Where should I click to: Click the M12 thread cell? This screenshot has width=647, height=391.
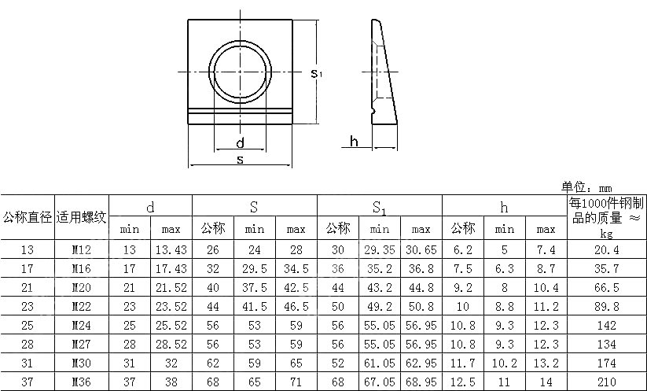(x=82, y=250)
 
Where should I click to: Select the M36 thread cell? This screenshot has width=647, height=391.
(x=82, y=382)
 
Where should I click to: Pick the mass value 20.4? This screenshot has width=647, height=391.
(x=606, y=250)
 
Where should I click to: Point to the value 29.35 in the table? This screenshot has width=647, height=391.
(x=380, y=250)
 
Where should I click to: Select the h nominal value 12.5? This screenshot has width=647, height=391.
(x=463, y=382)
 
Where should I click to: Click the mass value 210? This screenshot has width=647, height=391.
(x=606, y=382)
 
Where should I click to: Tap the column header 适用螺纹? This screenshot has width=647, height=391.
(x=82, y=217)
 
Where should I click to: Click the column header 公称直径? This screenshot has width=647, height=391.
(x=28, y=217)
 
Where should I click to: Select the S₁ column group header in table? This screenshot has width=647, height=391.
(x=380, y=208)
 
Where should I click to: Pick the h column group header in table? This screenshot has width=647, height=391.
(x=504, y=208)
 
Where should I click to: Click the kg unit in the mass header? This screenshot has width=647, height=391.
(x=606, y=234)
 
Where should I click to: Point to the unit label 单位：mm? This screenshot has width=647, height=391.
(x=586, y=187)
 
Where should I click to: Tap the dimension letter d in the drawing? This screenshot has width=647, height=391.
(x=240, y=142)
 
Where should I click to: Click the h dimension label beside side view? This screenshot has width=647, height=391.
(x=354, y=142)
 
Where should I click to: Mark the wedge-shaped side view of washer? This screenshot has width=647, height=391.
(x=384, y=75)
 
